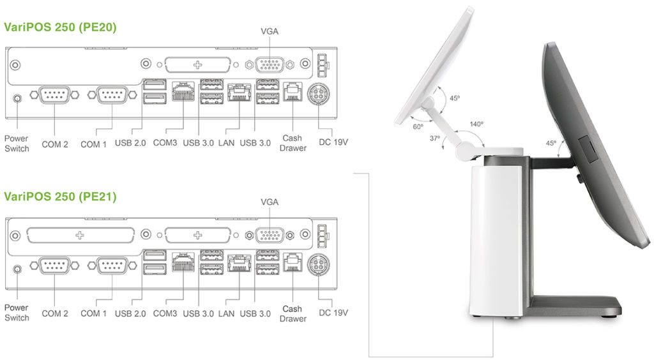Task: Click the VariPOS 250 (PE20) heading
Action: [x=60, y=27]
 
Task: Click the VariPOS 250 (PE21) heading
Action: [x=60, y=197]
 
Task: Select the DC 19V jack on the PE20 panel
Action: [x=317, y=94]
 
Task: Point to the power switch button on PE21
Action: [x=17, y=268]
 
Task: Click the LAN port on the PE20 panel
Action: [x=238, y=94]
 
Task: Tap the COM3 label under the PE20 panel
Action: [x=165, y=144]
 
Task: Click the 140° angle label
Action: [x=476, y=124]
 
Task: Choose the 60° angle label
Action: [x=418, y=126]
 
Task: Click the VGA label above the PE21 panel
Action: [x=270, y=202]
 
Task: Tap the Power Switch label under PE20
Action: [x=17, y=144]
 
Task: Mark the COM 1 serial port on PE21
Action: [x=112, y=265]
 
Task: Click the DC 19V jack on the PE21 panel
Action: [x=317, y=264]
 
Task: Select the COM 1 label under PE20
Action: [x=94, y=144]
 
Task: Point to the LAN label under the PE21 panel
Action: [x=226, y=313]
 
